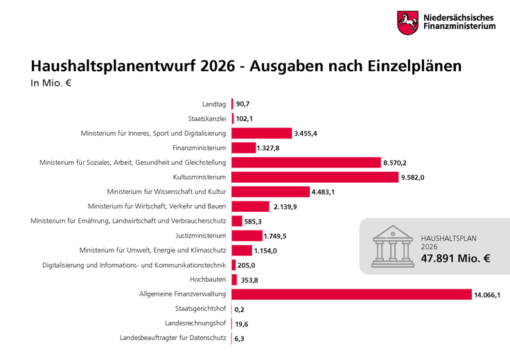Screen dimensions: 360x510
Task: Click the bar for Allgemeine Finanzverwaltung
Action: [351, 294]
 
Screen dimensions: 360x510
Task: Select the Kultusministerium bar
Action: [315, 177]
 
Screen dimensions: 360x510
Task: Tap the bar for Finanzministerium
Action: [243, 147]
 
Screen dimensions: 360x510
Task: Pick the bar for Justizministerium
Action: [246, 236]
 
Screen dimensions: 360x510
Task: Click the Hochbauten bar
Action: [234, 280]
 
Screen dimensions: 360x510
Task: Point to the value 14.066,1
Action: [487, 295]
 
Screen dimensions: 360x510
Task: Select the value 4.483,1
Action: [324, 192]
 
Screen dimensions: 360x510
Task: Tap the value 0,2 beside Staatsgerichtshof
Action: [240, 309]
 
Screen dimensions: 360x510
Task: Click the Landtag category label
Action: [213, 104]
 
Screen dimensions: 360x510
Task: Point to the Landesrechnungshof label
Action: [195, 323]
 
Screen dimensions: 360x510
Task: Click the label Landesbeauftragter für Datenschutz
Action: [173, 338]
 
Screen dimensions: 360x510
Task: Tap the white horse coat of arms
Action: [407, 22]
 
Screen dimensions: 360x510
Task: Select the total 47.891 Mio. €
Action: [455, 259]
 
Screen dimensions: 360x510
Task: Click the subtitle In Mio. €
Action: [51, 84]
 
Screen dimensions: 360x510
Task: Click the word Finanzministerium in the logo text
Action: [460, 27]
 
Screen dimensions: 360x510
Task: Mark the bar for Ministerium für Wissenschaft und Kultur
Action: [270, 192]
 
